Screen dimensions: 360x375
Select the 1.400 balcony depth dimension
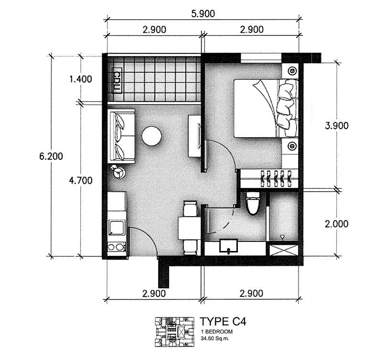click(x=80, y=79)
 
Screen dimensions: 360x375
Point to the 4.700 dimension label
click(x=80, y=180)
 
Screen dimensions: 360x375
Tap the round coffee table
click(x=152, y=135)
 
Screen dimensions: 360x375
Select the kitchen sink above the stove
click(x=117, y=227)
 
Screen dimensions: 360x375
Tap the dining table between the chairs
click(x=189, y=228)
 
